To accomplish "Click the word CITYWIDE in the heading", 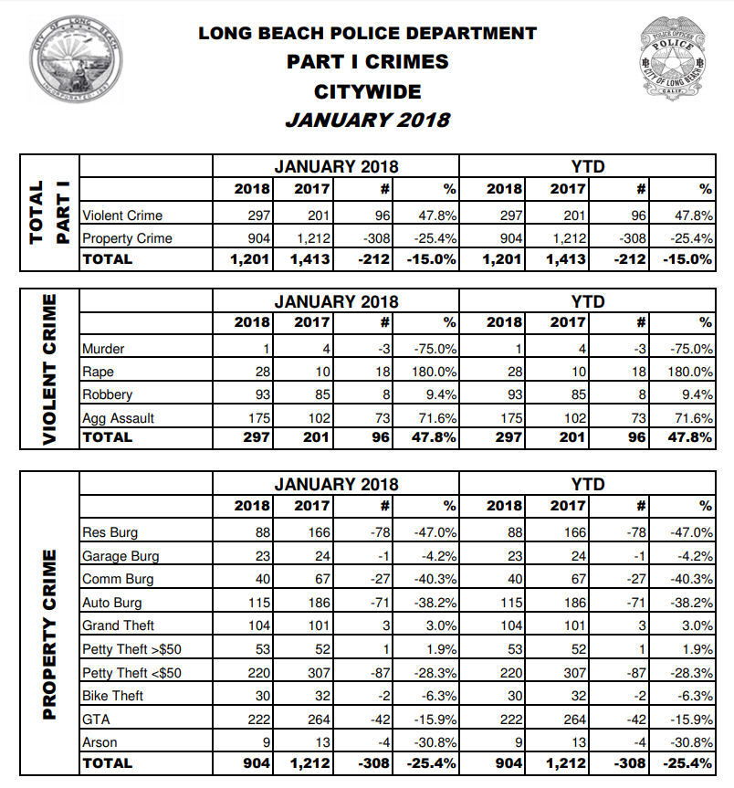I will click(x=368, y=91).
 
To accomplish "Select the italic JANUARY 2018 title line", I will click(x=368, y=120).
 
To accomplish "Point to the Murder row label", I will click(x=103, y=349).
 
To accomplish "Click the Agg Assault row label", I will click(x=118, y=418).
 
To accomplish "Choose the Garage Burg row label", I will click(x=121, y=556).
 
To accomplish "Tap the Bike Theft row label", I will click(x=113, y=696).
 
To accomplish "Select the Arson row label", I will click(x=99, y=741).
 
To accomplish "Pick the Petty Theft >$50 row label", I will click(x=131, y=649).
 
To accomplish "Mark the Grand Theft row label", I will click(x=118, y=625).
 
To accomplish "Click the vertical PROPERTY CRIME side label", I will click(x=50, y=635).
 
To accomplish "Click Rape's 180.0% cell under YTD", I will click(x=691, y=372).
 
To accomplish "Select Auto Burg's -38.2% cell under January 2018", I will click(x=435, y=603).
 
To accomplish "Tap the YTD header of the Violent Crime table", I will click(x=587, y=301).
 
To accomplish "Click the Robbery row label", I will click(x=107, y=394).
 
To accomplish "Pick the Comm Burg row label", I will click(x=118, y=579).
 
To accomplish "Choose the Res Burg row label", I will click(x=110, y=532).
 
